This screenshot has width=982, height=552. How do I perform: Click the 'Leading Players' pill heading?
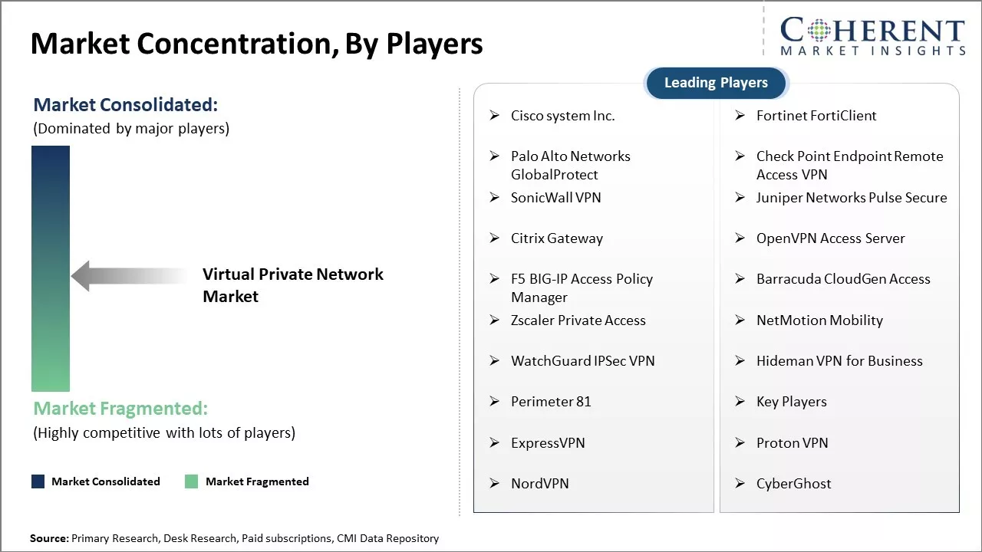point(717,83)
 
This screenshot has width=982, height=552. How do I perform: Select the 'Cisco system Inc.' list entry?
point(562,116)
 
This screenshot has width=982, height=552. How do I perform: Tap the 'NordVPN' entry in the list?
point(539,483)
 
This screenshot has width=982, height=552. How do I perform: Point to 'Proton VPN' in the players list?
point(793,443)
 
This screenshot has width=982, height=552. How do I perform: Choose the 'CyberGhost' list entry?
point(793,484)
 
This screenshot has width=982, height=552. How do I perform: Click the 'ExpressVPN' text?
point(548,443)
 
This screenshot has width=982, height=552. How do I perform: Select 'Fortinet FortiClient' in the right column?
point(816,116)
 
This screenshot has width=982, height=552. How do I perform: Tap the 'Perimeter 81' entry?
point(551,402)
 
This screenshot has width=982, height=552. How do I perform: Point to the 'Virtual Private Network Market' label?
point(292,285)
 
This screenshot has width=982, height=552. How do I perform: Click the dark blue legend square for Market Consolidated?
point(38,481)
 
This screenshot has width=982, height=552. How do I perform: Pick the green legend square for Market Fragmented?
point(191,481)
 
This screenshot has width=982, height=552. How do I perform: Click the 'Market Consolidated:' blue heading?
point(125,105)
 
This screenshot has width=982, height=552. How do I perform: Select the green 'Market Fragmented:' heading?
point(120,409)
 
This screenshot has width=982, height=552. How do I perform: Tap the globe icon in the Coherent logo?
point(819,30)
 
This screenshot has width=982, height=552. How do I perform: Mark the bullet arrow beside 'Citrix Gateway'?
point(495,238)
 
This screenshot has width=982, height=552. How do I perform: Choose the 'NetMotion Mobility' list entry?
point(819,320)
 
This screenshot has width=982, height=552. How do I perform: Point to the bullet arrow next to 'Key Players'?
point(740,401)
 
